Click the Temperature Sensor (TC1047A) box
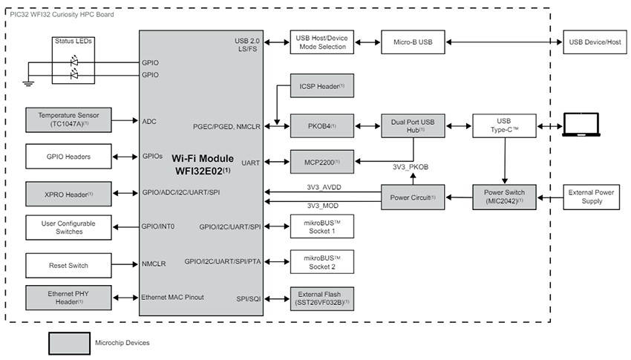click(68, 120)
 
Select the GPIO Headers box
click(68, 157)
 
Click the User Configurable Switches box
click(68, 227)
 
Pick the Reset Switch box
click(68, 264)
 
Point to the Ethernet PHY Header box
click(68, 297)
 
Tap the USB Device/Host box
click(593, 42)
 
